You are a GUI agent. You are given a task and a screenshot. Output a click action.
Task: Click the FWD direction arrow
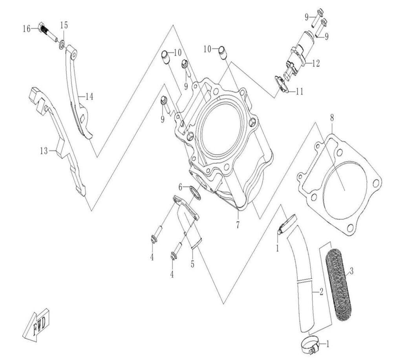coord(36,324)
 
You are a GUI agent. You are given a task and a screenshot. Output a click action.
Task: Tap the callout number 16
coord(26,29)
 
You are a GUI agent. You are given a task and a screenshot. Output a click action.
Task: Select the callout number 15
coord(64,25)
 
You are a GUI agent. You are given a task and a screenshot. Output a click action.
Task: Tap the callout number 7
coord(238,225)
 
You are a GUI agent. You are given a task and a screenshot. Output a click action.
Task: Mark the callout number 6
coord(180,187)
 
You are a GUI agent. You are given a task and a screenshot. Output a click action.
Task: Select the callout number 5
coord(192,264)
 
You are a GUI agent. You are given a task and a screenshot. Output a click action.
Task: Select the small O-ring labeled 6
coord(196,193)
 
